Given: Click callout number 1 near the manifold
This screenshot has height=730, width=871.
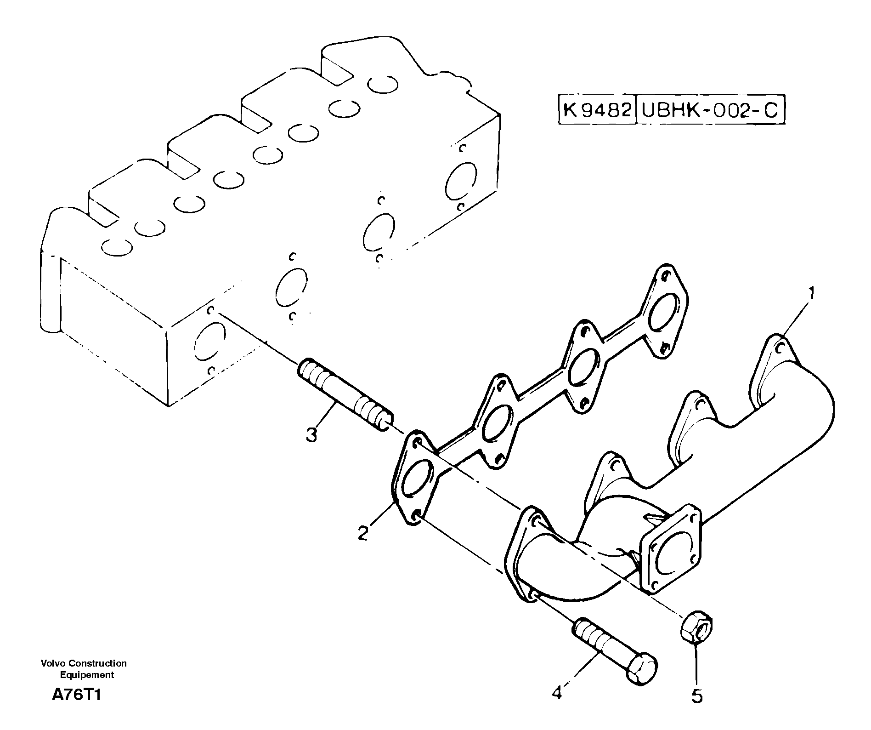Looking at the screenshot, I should coord(811,292).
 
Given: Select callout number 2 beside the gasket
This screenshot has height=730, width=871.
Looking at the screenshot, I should coord(363,534).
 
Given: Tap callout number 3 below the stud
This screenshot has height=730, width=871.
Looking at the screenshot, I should coord(312,434).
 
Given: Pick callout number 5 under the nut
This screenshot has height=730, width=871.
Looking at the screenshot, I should coord(697,697).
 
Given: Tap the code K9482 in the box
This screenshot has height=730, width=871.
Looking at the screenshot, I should coord(597,110).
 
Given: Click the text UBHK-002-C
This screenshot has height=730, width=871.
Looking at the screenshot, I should coord(710,110).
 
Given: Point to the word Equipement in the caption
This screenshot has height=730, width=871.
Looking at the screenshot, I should coord(87,675).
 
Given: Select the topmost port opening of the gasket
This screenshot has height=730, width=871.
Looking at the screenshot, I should coord(664,310).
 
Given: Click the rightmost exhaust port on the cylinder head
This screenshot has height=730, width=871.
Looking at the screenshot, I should coord(461,180).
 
